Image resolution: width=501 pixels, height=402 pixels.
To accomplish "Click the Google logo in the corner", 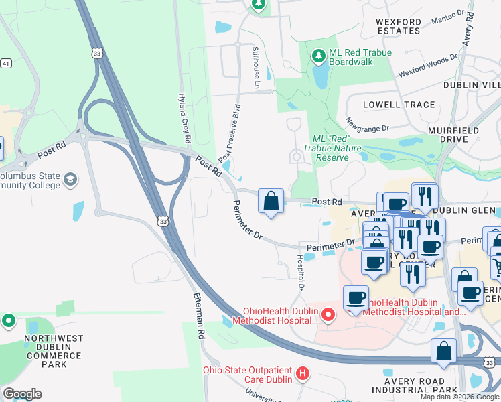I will coord(22,394).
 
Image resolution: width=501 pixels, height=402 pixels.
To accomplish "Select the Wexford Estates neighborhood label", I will coord(399,26).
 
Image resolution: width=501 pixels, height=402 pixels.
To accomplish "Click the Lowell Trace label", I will coord(399,105).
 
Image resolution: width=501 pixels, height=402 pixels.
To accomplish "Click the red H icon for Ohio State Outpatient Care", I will coord(303,373).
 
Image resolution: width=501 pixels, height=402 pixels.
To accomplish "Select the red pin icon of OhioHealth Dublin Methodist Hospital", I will coord(328,314).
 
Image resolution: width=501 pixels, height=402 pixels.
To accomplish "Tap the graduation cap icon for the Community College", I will coord(70,179).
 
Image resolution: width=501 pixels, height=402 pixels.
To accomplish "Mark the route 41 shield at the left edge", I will coord(5,63).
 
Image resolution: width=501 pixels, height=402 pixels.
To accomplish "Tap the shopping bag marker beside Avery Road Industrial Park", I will coord(443,351).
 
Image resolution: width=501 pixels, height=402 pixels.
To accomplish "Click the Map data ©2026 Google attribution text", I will coord(459,397).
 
